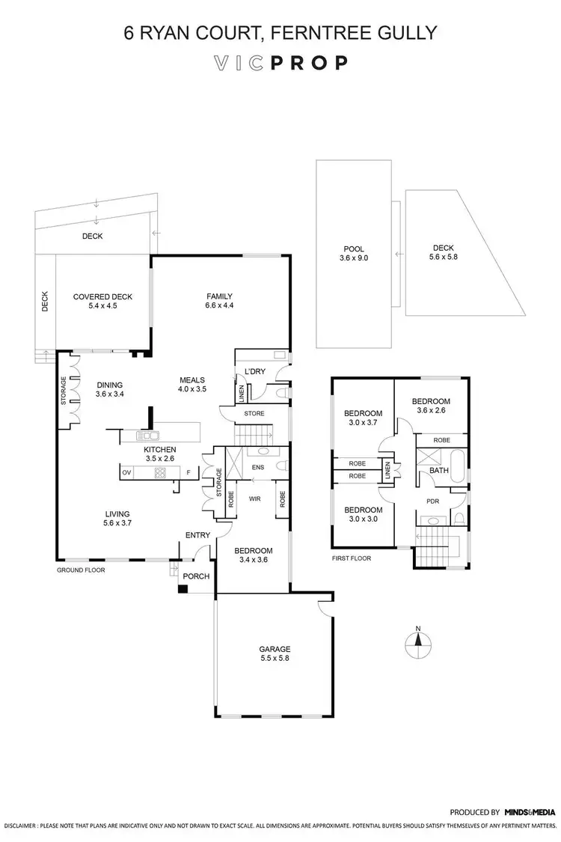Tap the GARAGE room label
[275, 649]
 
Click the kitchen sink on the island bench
[148, 435]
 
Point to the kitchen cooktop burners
[159, 472]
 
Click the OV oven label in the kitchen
[126, 472]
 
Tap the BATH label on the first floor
[438, 470]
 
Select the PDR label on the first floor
[432, 501]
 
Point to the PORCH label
[196, 576]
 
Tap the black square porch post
[182, 589]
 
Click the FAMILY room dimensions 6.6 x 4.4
[220, 306]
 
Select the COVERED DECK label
[102, 296]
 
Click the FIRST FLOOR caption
[351, 558]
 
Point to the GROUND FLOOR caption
[81, 570]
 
